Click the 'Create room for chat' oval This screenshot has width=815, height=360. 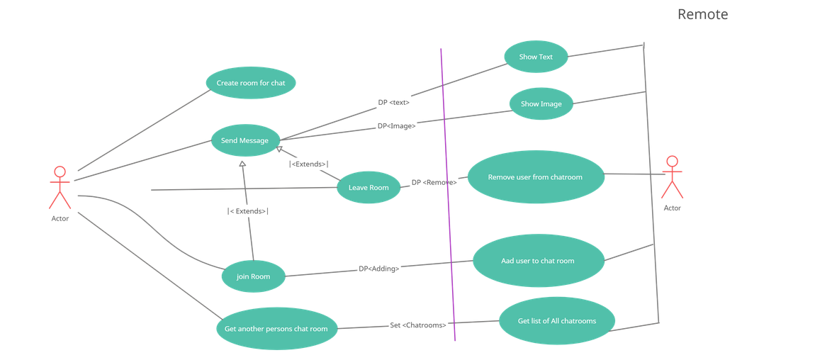(251, 83)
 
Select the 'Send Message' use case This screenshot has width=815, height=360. (245, 140)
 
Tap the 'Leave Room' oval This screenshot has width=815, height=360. (369, 187)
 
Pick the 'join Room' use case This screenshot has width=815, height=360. (254, 276)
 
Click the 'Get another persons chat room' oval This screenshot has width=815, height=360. (276, 328)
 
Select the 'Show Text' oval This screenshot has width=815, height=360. (536, 57)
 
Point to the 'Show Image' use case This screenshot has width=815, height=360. (541, 103)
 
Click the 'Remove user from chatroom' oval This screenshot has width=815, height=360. (535, 176)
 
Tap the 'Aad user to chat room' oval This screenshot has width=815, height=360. (538, 261)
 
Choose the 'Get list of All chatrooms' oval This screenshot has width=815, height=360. (557, 320)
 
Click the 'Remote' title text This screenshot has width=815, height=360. (702, 14)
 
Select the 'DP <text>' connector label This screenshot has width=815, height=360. (393, 102)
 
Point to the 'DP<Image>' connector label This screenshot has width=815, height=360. (396, 125)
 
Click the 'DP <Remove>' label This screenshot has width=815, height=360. (434, 182)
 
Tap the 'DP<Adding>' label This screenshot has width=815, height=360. (378, 269)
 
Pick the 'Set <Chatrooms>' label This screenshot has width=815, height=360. (418, 325)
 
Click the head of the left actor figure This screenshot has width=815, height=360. (60, 171)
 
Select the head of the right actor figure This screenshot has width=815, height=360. (672, 161)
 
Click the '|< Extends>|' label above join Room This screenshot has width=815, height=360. (248, 210)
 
